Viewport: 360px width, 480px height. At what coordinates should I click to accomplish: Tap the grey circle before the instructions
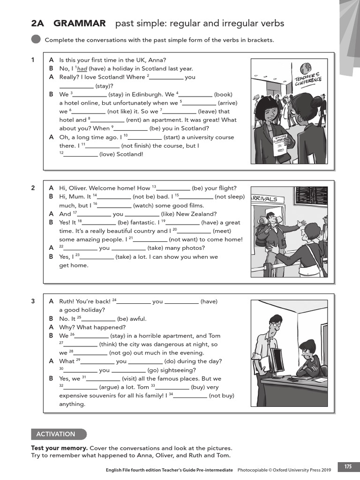[36, 40]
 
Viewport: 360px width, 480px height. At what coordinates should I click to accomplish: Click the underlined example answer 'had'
[82, 68]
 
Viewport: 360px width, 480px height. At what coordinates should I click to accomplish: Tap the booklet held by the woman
[280, 143]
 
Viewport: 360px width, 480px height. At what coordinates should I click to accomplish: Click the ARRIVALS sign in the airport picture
[265, 199]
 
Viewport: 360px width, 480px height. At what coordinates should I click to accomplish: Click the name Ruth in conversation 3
[67, 301]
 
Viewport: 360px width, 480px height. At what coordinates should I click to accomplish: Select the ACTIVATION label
[59, 434]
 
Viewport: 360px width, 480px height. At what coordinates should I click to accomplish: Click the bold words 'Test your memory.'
[59, 448]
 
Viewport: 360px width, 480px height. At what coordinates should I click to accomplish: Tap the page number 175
[348, 467]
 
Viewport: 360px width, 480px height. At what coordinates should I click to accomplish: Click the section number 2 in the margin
[33, 188]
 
